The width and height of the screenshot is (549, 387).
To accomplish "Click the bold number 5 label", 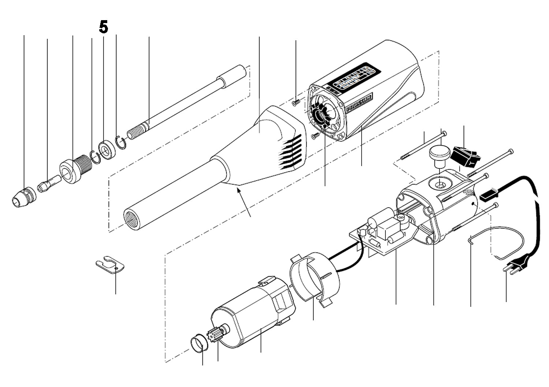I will click(x=104, y=27).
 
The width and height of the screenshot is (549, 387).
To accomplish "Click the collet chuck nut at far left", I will click(x=24, y=197).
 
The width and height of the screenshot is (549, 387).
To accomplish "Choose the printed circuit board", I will click(x=381, y=234).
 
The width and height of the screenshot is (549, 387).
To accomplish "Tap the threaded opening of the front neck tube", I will click(x=132, y=219).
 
